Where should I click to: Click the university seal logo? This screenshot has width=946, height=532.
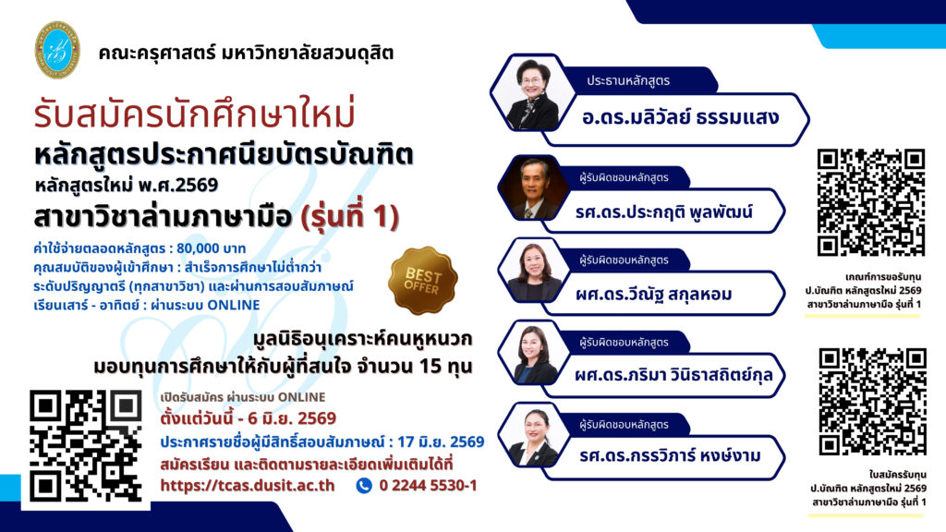(x=57, y=50)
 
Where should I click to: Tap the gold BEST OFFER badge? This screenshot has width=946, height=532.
(x=422, y=281)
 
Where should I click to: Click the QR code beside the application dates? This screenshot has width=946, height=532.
(x=86, y=446)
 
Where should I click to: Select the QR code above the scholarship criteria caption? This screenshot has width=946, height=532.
(x=870, y=202)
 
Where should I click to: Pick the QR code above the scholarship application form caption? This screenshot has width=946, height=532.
(x=872, y=402)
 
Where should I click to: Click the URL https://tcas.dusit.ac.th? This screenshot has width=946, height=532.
(x=248, y=486)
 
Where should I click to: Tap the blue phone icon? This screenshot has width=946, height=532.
(x=364, y=486)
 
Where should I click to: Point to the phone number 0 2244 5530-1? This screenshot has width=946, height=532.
(x=428, y=486)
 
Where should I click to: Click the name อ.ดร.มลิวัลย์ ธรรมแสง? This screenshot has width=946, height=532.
(x=680, y=117)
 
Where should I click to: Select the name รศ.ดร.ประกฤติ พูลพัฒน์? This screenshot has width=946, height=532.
(x=663, y=212)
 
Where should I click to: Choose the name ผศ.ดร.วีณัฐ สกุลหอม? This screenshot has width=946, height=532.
(x=653, y=294)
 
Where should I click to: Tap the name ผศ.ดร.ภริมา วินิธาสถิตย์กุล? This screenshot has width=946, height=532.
(x=673, y=375)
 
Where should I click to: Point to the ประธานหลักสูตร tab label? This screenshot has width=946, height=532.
(x=628, y=81)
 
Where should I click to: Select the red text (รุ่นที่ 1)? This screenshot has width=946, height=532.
(x=350, y=216)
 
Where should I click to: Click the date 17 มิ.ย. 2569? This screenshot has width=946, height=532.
(x=441, y=442)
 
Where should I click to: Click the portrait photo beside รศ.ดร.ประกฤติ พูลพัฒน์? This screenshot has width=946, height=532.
(x=533, y=188)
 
